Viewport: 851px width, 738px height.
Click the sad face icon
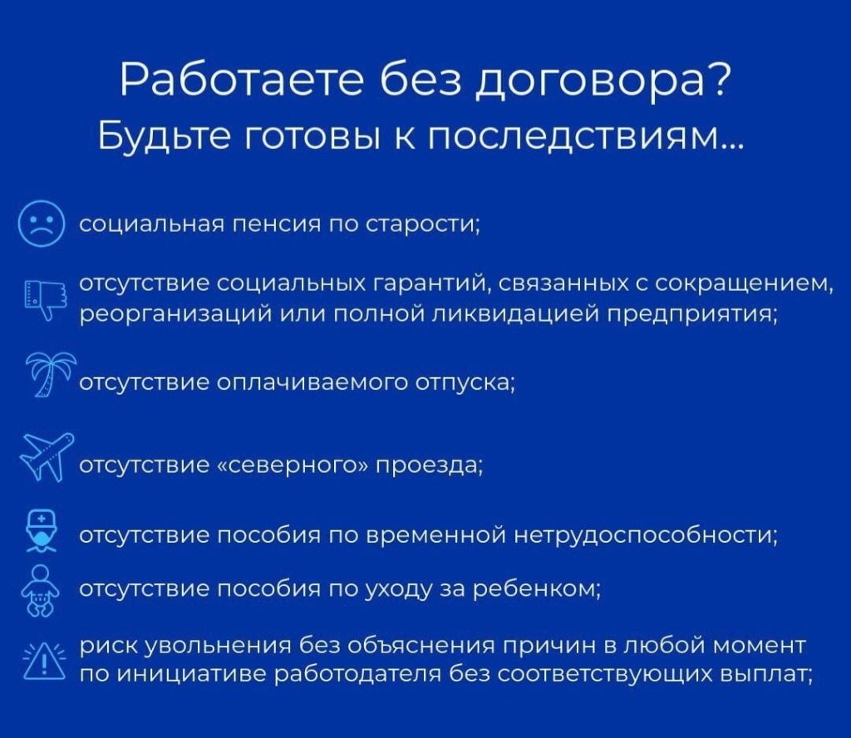tap(41, 224)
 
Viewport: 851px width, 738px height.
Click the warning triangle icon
tap(42, 660)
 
